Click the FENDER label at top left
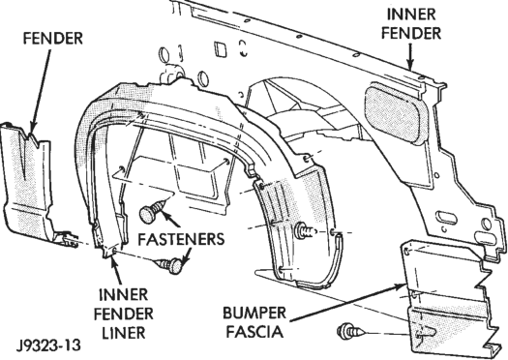pos(53,39)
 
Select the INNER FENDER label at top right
pos(411,23)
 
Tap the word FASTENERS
pos(181,239)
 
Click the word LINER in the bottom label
pos(124,333)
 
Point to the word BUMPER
pos(254,313)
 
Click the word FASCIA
pos(254,332)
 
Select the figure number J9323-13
pos(48,345)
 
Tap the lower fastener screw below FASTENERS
pos(169,264)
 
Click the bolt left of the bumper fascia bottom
pos(350,331)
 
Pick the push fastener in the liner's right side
pos(306,231)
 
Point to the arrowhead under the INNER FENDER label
pos(410,64)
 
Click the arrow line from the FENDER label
pos(41,92)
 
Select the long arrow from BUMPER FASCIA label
pos(347,302)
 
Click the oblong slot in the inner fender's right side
pos(446,218)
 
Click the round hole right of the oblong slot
pos(487,224)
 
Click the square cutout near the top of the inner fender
pos(221,50)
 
